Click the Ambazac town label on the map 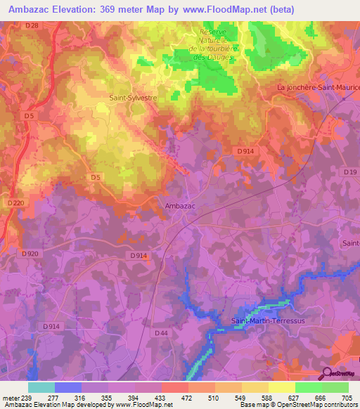179,206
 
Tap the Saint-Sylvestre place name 131,99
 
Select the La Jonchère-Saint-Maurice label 318,87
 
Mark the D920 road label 30,253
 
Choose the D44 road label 161,333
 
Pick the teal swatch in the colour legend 41,387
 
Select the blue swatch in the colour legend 67,387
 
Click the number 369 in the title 116,9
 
